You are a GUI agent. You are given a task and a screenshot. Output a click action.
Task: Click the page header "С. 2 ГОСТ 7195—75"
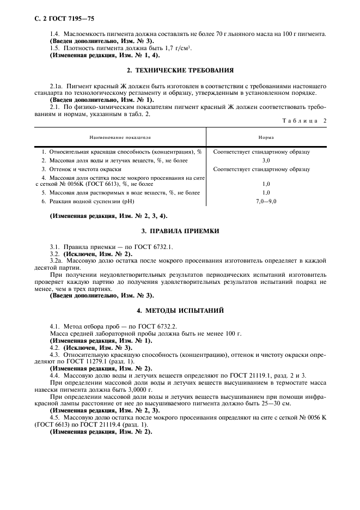click(60, 19)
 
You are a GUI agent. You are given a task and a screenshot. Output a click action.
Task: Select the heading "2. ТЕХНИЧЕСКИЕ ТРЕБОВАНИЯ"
click(180, 70)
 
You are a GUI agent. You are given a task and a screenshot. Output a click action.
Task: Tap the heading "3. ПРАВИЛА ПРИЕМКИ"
click(180, 231)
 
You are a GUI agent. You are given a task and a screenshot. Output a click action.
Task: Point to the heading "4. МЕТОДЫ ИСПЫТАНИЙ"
click(180, 311)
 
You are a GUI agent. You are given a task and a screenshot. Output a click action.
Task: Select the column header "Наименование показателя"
click(120, 138)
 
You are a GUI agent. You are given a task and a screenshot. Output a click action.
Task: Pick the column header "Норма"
click(266, 138)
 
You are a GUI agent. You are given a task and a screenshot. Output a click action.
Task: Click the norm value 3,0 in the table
click(266, 161)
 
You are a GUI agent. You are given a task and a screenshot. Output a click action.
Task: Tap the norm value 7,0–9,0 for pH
click(266, 202)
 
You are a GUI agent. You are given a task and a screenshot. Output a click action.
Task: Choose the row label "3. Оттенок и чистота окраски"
click(83, 169)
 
